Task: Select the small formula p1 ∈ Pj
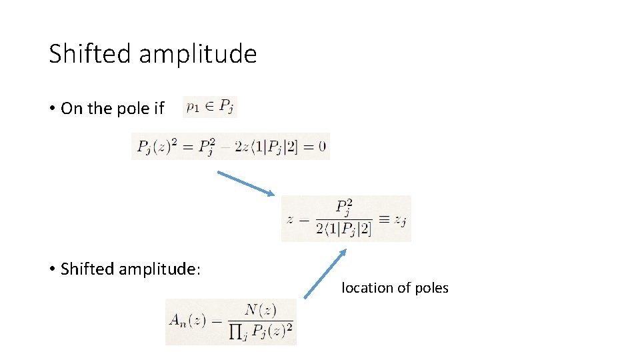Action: [209, 107]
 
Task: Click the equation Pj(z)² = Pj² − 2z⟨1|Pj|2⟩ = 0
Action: [230, 147]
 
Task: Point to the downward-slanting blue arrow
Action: [246, 183]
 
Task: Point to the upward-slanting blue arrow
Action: [325, 273]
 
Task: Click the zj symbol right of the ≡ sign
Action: [399, 219]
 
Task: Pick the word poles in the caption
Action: [432, 288]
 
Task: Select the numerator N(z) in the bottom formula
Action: [260, 309]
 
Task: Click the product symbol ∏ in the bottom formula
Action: [235, 331]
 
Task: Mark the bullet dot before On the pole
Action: [51, 108]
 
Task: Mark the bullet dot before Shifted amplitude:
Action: [51, 269]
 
